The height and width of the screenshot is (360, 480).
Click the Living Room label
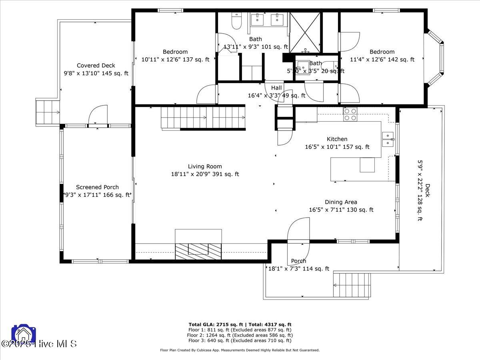coord(205,166)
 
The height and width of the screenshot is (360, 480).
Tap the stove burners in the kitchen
coord(350,114)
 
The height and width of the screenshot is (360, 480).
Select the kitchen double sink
coord(388,139)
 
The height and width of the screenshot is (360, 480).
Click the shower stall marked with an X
coord(305,32)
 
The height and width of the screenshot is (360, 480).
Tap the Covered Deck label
coord(96,66)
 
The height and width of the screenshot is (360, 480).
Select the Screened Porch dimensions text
coord(98,195)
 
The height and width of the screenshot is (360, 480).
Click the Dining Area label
coord(341,202)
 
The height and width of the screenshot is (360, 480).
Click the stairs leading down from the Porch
coord(352,284)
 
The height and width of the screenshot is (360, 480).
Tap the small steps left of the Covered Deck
coord(47,112)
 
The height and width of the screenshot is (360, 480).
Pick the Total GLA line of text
coord(240,324)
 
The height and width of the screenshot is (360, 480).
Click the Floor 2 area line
coord(240,335)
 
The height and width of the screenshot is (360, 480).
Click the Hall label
coord(276,88)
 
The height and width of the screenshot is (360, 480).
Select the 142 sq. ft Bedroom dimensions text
coord(382,60)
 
